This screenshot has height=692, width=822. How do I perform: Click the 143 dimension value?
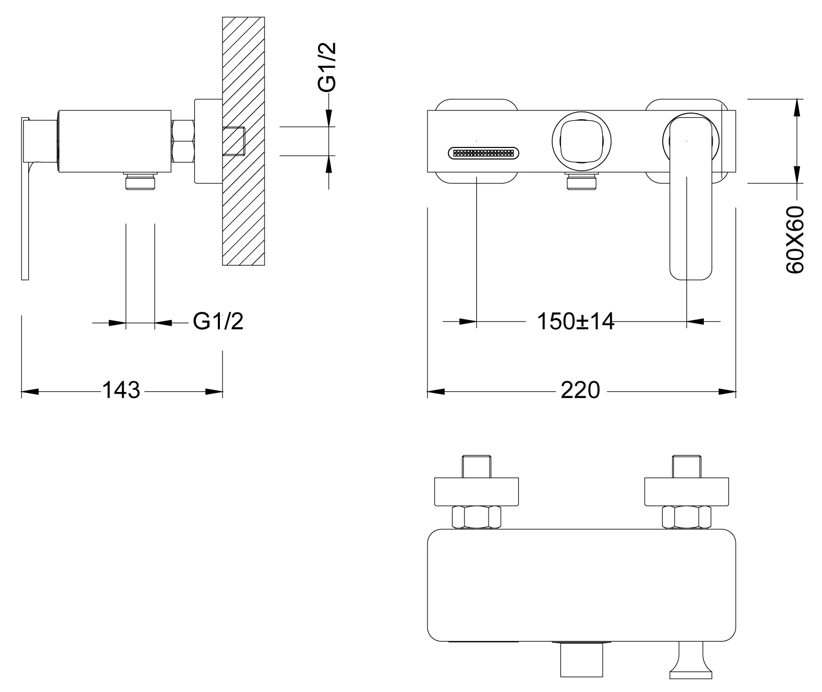click(122, 390)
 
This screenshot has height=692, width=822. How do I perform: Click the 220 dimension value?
click(580, 390)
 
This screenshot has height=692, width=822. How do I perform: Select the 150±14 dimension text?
click(575, 322)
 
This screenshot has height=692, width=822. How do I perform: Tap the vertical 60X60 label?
click(795, 239)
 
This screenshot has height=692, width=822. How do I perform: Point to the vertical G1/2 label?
click(327, 67)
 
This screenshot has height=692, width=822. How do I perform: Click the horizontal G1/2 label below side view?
click(218, 322)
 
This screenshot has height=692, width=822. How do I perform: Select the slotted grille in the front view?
click(483, 153)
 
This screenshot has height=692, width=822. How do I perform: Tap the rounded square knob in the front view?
click(582, 140)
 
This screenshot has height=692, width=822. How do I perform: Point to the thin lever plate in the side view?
click(25, 205)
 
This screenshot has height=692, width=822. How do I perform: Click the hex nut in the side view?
click(183, 141)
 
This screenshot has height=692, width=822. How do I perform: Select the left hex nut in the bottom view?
click(476, 517)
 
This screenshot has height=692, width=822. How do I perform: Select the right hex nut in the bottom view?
click(686, 517)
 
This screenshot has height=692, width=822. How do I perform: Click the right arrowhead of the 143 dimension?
click(214, 392)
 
